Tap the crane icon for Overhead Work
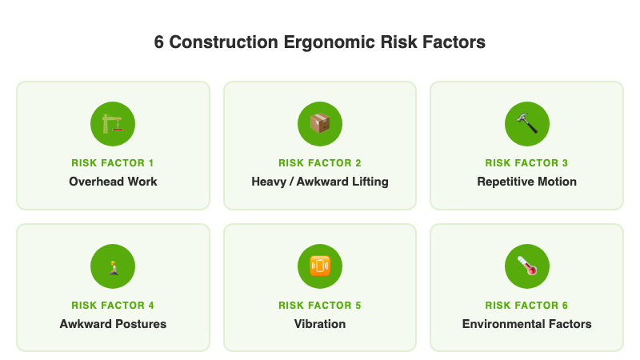pyautogui.click(x=113, y=123)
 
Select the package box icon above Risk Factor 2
pyautogui.click(x=320, y=123)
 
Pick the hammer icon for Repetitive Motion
pyautogui.click(x=526, y=123)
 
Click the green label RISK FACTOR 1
pyautogui.click(x=113, y=163)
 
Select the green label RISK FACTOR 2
pyautogui.click(x=320, y=163)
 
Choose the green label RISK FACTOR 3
pyautogui.click(x=526, y=163)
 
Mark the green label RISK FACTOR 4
pyautogui.click(x=113, y=306)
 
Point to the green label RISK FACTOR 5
pyautogui.click(x=320, y=306)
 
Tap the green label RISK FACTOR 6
pyautogui.click(x=526, y=306)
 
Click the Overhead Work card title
pyautogui.click(x=113, y=182)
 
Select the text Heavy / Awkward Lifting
pyautogui.click(x=320, y=182)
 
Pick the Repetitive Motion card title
pyautogui.click(x=526, y=182)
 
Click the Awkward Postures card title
pyautogui.click(x=113, y=324)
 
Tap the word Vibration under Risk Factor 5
pyautogui.click(x=320, y=324)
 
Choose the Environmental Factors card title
pyautogui.click(x=526, y=324)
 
